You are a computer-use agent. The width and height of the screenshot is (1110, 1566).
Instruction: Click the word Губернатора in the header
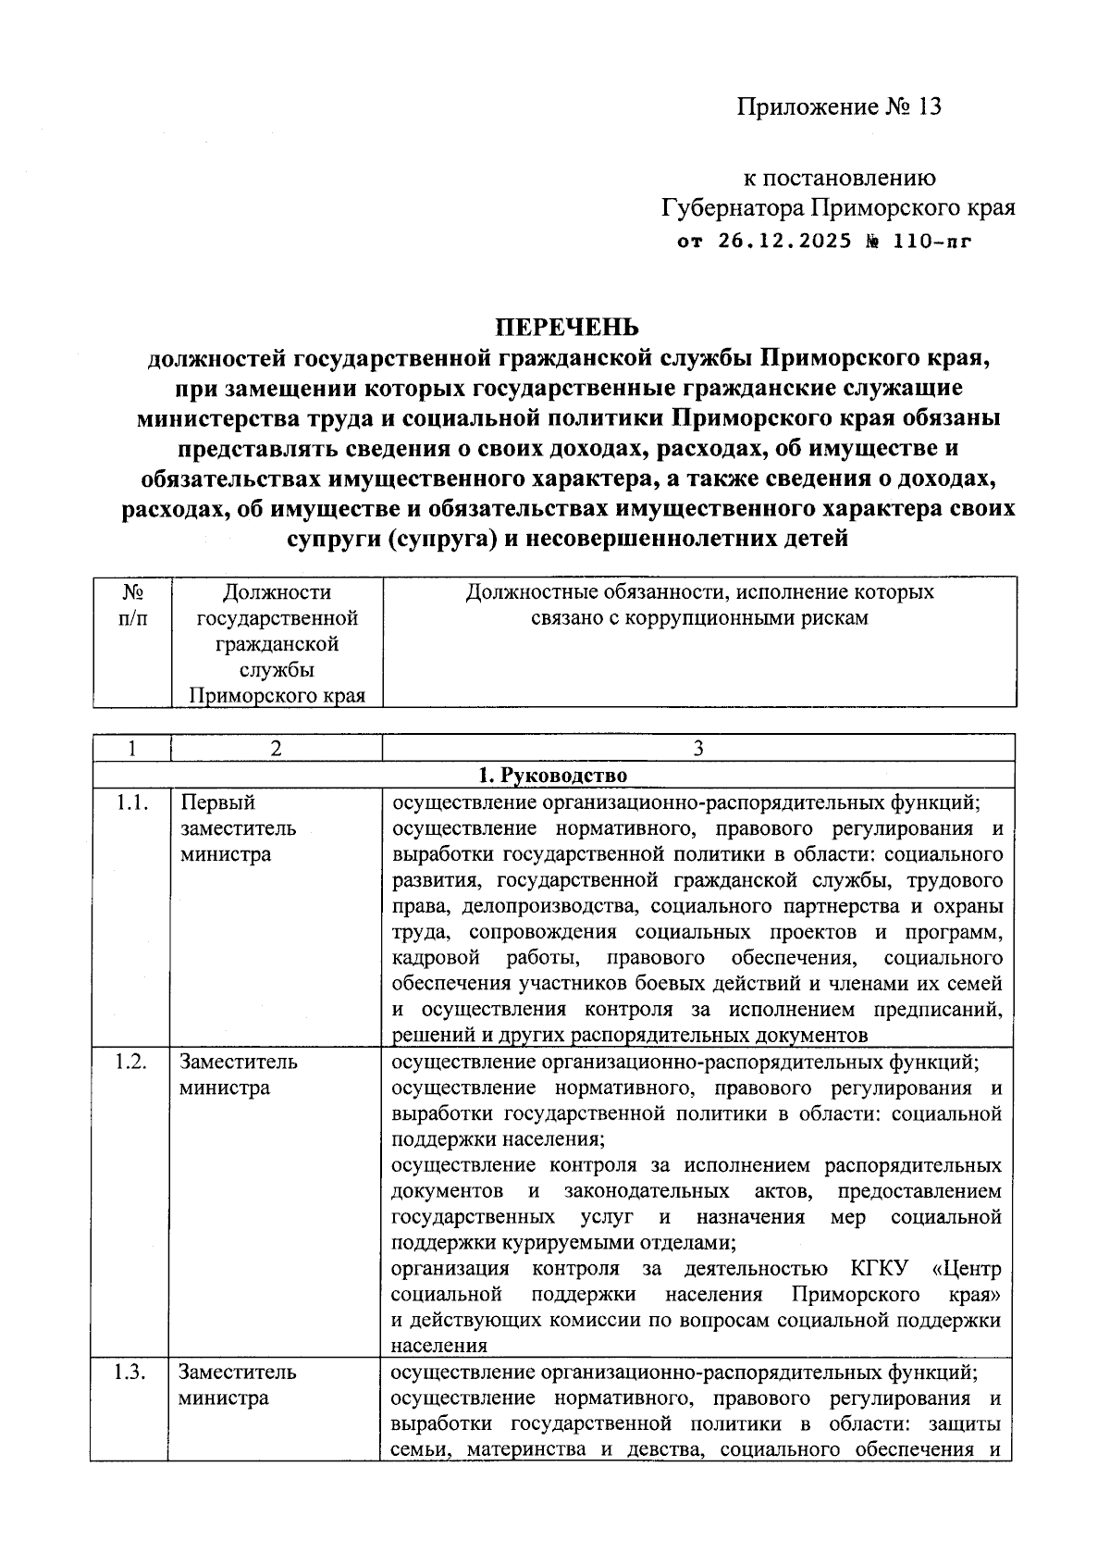point(733,207)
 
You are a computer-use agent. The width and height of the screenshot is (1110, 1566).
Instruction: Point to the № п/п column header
point(132,603)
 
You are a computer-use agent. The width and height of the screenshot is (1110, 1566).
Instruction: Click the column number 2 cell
point(275,749)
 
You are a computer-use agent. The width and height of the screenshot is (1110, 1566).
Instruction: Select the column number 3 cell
point(698,749)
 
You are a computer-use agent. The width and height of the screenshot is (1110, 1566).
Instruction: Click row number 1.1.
point(131,802)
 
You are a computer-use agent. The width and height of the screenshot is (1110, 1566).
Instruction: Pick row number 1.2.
point(131,1062)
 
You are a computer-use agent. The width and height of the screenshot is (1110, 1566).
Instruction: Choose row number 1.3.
point(131,1372)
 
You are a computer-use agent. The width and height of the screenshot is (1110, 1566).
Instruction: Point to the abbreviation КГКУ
point(878,1268)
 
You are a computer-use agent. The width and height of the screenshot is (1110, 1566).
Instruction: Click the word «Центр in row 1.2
point(968,1268)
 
